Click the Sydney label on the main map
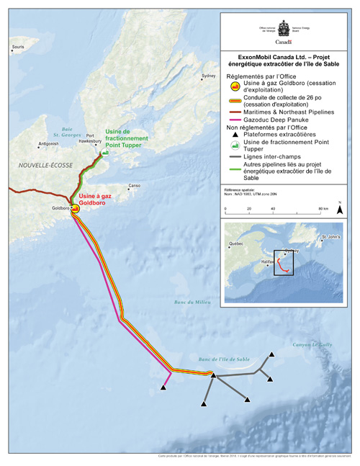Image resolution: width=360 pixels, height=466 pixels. (208, 76)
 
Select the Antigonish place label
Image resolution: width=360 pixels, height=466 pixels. (49, 143)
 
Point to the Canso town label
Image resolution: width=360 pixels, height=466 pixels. (133, 185)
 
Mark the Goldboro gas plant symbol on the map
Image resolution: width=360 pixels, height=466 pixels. (74, 208)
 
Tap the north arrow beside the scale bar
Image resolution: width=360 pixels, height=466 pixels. (339, 210)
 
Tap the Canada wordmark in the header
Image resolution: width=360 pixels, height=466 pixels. (287, 42)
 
